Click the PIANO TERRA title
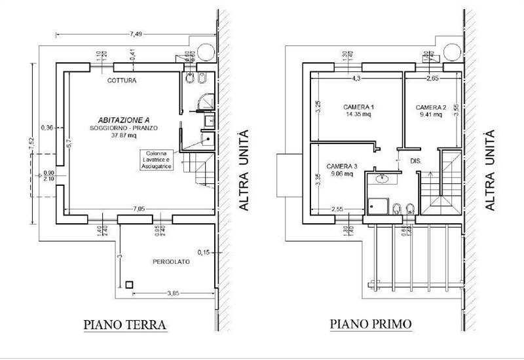126,325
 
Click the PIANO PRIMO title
371,325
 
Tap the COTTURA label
122,81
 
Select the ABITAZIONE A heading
123,120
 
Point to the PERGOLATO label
171,262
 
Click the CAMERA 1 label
358,107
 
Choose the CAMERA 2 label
430,107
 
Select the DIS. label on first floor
415,160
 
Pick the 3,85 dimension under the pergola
174,293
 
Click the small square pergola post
129,285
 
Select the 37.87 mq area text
123,136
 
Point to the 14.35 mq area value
358,115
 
